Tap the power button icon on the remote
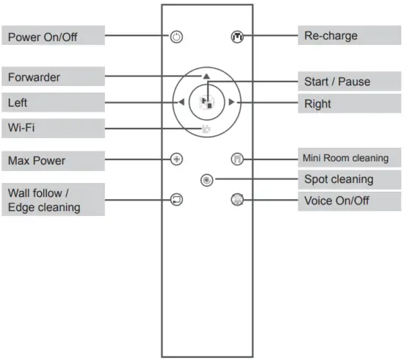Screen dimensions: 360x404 [176, 37]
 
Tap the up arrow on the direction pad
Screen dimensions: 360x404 [207, 76]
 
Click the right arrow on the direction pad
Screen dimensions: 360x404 [231, 102]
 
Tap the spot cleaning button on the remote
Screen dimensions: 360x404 [206, 179]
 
